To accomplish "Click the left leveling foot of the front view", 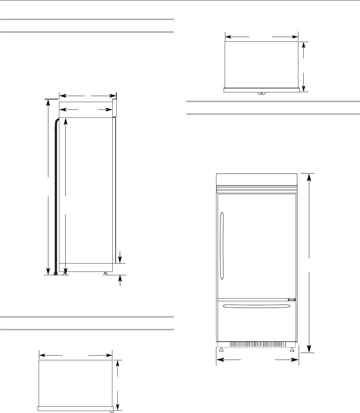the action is coord(221,349).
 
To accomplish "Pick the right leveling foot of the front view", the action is coord(292,349).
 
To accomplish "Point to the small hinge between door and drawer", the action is coord(292,300).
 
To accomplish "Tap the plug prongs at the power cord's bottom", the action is coord(56,274).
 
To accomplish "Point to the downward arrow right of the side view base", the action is coord(120,259).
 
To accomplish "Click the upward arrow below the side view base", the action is coord(120,280).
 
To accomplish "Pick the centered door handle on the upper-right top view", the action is coord(262,93).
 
